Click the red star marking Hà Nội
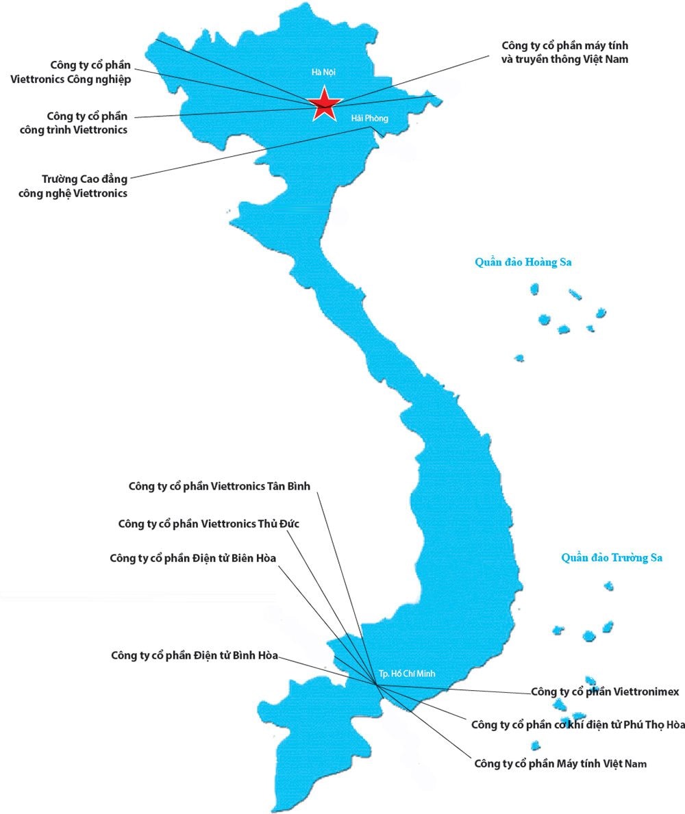324,104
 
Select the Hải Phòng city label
369,118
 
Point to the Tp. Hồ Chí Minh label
406,673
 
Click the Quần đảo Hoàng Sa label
523,262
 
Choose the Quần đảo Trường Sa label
612,558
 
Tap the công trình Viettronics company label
87,123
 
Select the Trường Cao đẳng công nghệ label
85,186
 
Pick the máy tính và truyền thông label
565,52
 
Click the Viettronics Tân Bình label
219,486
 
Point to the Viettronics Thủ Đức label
209,524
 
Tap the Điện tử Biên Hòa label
192,558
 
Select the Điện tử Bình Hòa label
195,655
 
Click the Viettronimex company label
605,691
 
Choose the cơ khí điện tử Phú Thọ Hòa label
578,724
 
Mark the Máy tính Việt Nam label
560,763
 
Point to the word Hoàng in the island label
540,262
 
